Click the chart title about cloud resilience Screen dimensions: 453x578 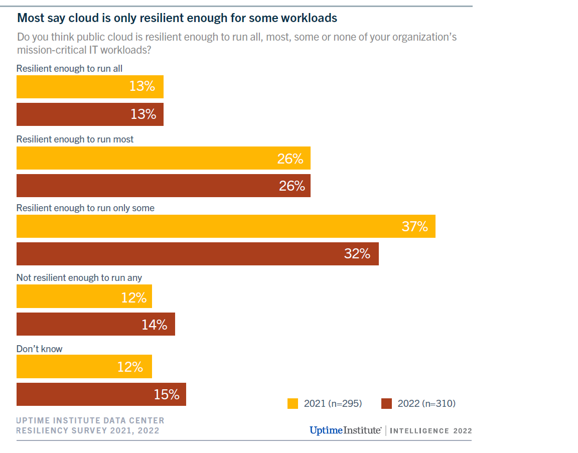177,18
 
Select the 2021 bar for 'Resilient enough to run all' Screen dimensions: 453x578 90,87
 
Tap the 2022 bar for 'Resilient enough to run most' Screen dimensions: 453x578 163,186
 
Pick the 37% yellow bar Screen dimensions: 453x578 226,226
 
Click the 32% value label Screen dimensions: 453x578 357,254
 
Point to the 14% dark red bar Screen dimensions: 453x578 95,324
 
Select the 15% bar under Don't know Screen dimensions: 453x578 101,394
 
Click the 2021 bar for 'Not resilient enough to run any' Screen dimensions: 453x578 84,296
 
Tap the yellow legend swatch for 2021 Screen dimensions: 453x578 293,403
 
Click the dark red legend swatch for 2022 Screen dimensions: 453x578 386,403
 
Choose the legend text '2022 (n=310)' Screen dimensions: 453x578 426,403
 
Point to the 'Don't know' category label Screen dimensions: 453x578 40,349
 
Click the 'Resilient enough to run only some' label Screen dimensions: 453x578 85,208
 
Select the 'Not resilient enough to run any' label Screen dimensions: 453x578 79,277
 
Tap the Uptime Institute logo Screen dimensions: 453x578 345,430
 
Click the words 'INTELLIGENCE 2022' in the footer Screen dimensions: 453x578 430,431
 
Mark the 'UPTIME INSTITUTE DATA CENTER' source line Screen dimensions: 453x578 90,420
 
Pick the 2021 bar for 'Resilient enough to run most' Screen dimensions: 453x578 163,158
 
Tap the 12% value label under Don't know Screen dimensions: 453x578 130,367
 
